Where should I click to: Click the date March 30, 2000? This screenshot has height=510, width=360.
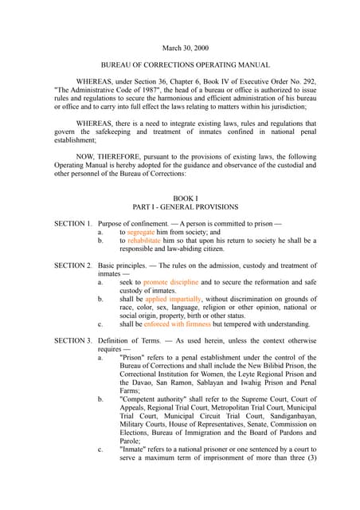click(x=179, y=48)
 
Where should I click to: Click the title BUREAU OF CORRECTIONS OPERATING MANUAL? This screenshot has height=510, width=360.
click(x=179, y=65)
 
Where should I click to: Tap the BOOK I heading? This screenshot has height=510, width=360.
click(x=179, y=197)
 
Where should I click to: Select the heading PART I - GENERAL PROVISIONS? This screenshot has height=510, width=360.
click(x=179, y=206)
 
